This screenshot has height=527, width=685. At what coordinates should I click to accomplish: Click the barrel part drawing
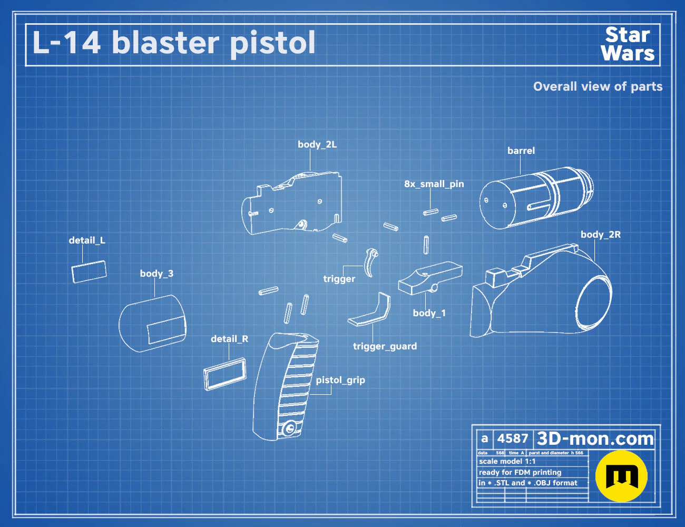(536, 198)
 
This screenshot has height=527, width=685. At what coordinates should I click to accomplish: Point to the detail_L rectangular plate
(89, 272)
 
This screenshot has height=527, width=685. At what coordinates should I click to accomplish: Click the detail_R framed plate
(225, 374)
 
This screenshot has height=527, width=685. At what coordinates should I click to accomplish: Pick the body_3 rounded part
(153, 324)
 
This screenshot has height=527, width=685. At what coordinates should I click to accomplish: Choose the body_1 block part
(430, 278)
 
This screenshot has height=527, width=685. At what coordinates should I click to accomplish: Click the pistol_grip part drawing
(285, 386)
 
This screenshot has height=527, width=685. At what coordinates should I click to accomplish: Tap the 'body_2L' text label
(317, 144)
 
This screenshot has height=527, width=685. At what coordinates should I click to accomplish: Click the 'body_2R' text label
(601, 235)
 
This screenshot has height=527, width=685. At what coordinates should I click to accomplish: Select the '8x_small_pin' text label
(434, 184)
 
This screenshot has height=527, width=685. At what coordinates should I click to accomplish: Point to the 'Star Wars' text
(628, 44)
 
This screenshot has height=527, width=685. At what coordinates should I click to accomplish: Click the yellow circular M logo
(621, 476)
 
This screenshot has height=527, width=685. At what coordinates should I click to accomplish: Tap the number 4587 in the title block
(513, 438)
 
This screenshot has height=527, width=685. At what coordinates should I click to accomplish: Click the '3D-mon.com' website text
(595, 438)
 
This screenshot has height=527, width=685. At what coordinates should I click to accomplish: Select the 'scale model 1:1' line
(507, 462)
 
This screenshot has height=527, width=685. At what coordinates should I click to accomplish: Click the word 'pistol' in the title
(272, 44)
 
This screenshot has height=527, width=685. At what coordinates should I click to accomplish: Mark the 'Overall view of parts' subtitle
(598, 86)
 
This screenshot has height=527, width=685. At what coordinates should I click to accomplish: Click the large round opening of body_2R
(594, 299)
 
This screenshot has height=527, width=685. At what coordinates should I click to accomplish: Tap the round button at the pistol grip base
(288, 428)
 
